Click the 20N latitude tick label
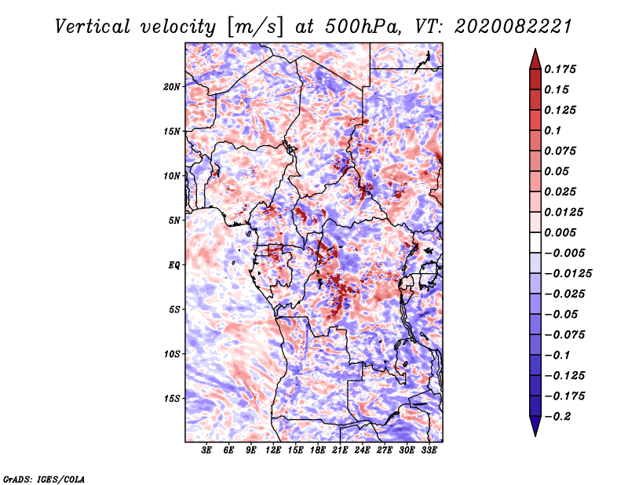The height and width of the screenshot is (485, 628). pos(172,86)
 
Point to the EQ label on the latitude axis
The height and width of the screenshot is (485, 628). pos(174,265)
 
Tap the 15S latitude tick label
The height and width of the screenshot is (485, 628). pos(172,399)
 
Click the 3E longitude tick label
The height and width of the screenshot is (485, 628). pos(207,450)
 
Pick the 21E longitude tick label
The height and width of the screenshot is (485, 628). pos(340,450)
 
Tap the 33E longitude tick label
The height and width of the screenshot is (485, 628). pos(429,450)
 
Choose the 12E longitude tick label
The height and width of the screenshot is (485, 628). pos(274,450)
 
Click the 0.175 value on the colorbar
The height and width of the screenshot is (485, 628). pos(561,69)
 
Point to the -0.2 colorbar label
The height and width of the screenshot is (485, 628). pos(558,417)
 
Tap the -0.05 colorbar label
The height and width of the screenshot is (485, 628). pos(561,314)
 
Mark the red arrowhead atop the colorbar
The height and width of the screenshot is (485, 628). pos(535,58)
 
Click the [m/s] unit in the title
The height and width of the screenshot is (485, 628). pos(255,27)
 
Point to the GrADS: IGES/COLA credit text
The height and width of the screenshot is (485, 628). pos(43,478)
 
